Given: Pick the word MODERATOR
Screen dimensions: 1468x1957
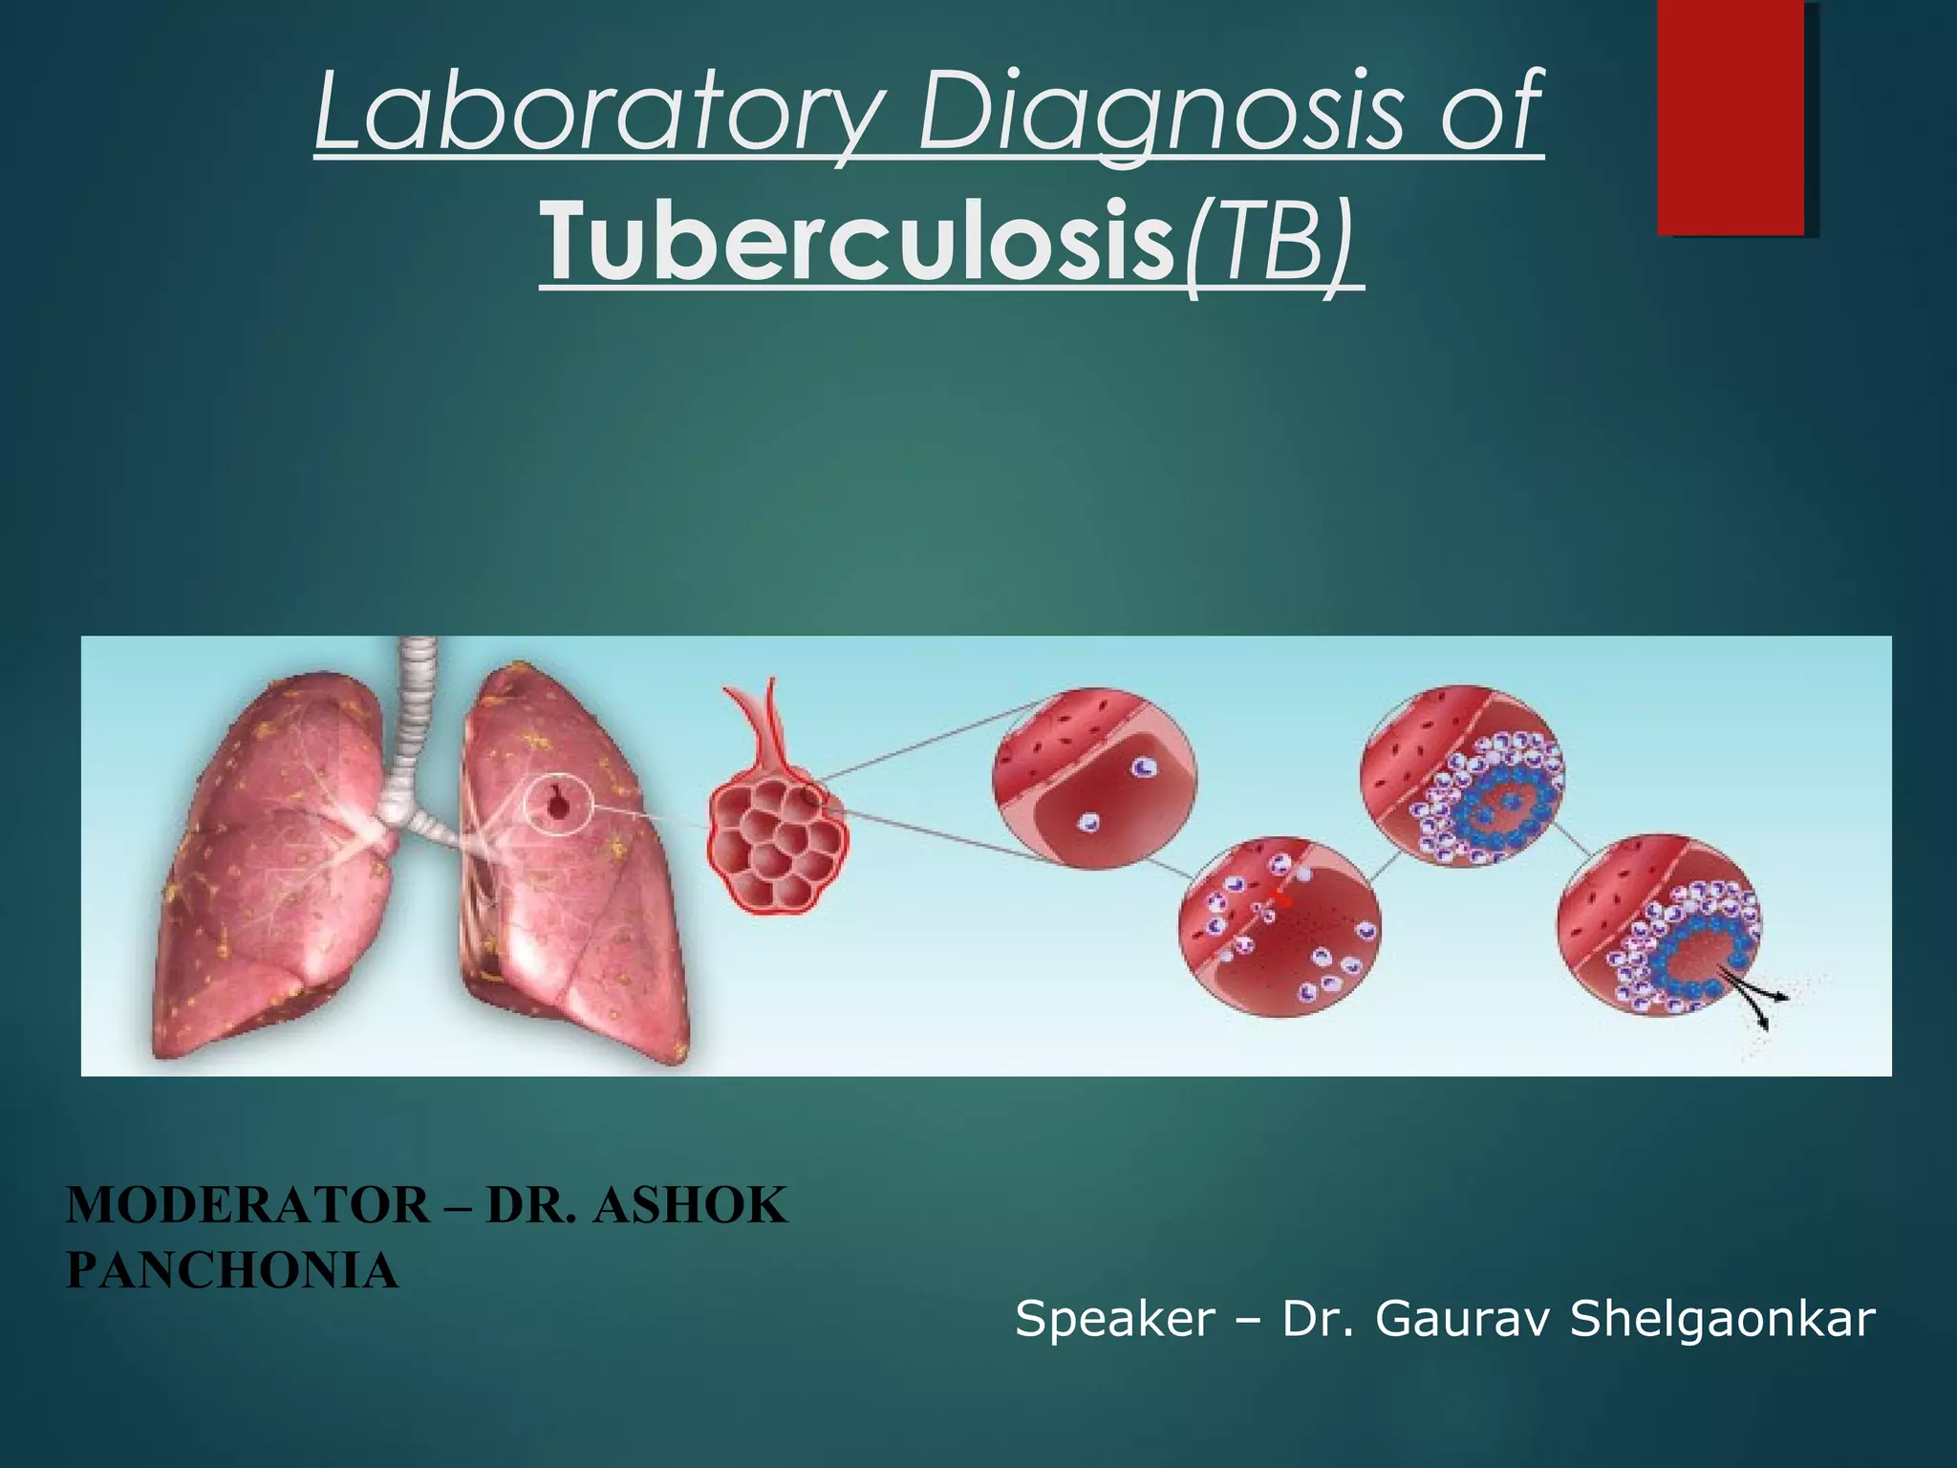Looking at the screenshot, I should coord(247,1206).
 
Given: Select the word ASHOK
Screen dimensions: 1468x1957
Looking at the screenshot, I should coord(690,1206).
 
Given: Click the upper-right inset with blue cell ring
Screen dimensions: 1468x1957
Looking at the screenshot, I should coord(1462,776).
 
